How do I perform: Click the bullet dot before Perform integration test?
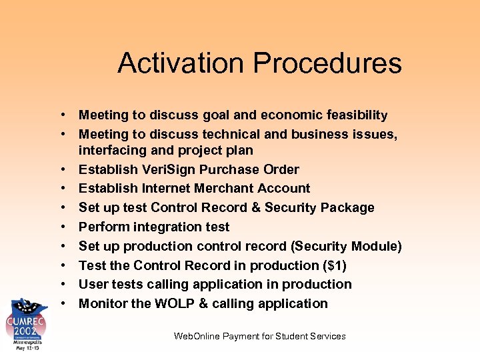(x=61, y=227)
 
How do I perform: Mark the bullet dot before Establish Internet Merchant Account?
(x=61, y=189)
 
